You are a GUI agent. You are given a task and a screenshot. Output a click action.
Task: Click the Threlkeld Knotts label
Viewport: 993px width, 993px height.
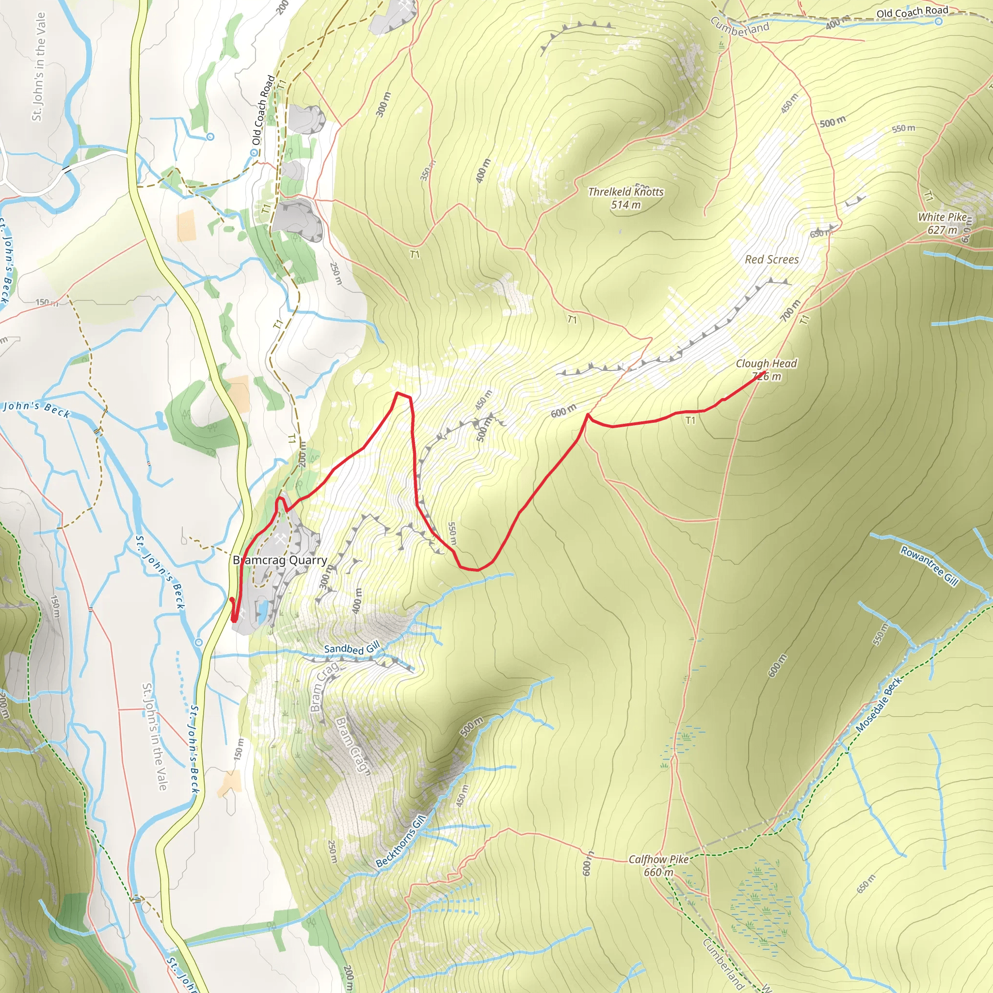(625, 192)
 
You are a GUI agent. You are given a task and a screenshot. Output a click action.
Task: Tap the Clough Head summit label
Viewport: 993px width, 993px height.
(766, 363)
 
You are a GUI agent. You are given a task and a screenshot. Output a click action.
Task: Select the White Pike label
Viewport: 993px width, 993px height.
(942, 217)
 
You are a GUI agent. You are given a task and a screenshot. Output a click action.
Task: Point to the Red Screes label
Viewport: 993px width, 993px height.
(771, 259)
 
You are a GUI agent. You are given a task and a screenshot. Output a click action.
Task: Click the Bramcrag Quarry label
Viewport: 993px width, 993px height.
(280, 560)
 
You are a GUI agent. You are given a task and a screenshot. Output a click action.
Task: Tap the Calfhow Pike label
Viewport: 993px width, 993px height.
(658, 859)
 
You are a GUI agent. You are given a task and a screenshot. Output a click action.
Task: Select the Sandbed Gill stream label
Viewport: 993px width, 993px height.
(352, 648)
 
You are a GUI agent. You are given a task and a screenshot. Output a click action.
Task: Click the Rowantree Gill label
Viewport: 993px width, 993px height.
(929, 565)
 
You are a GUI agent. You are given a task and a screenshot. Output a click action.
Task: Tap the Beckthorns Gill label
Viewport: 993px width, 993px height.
(401, 841)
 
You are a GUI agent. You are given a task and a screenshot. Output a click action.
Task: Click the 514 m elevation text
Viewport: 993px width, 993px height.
(625, 205)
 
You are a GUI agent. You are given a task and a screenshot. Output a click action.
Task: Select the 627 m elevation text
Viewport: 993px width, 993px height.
(942, 230)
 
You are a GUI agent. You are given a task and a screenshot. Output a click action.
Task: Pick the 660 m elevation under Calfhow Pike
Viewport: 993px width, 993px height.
(658, 872)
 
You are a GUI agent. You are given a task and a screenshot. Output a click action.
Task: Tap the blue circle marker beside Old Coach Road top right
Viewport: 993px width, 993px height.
(939, 22)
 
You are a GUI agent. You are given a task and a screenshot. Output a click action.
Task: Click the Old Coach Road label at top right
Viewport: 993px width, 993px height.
(913, 12)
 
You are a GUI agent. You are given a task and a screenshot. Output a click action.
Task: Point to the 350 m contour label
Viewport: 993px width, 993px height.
(427, 170)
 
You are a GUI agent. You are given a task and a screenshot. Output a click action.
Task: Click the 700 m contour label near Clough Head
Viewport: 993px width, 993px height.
(790, 310)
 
